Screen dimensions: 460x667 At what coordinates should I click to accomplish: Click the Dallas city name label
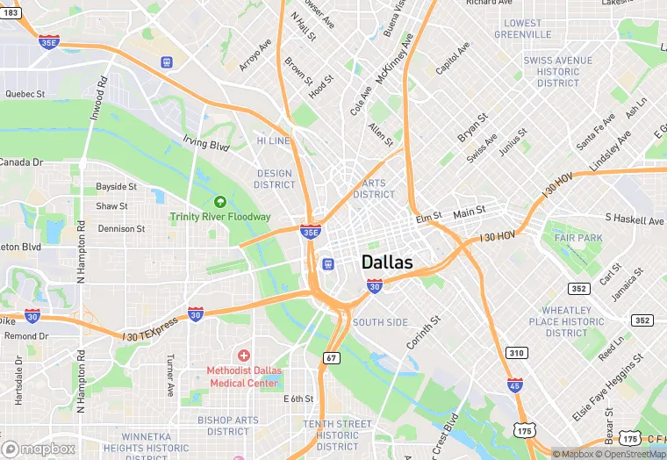tap(387, 262)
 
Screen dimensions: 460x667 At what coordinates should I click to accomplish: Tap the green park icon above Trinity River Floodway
tap(220, 202)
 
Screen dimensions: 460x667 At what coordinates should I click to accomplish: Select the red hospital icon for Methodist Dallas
tap(243, 355)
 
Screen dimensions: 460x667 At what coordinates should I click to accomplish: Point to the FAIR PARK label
tap(578, 238)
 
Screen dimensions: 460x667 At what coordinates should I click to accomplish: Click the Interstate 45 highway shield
tap(515, 385)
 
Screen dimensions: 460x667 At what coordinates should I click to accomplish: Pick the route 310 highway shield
tap(517, 353)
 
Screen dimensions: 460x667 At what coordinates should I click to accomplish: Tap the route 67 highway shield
tap(331, 357)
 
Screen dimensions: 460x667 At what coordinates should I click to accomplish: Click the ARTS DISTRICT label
tap(374, 189)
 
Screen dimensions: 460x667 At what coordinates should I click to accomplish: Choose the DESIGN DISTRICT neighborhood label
tap(275, 179)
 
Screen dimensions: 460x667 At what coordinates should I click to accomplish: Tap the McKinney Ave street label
tap(395, 59)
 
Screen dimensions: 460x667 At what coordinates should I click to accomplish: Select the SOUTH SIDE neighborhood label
tap(380, 322)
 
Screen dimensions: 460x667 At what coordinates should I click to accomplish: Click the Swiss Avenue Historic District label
tap(558, 71)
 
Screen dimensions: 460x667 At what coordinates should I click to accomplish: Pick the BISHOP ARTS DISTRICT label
tap(228, 426)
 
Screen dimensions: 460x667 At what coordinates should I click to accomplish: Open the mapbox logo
tap(38, 449)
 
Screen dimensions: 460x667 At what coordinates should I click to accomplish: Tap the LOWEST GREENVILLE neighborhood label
tap(522, 28)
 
